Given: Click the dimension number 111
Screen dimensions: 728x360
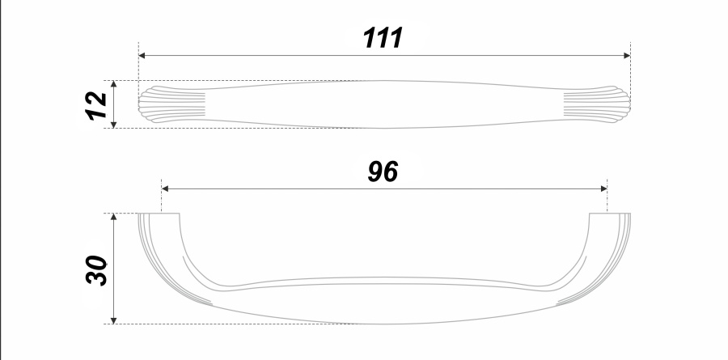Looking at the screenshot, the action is click(x=383, y=38).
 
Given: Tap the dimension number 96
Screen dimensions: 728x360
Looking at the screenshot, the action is click(x=383, y=172).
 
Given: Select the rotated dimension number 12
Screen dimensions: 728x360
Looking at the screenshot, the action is click(x=98, y=105).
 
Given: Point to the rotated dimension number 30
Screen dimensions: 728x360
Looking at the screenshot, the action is click(x=96, y=270).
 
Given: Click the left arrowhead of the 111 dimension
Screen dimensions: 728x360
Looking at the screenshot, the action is click(x=142, y=56).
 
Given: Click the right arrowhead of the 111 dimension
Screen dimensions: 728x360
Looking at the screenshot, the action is click(x=627, y=56).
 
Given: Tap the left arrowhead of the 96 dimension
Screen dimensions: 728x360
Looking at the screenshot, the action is click(x=165, y=188).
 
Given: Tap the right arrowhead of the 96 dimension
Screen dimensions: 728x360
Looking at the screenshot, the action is click(x=603, y=188).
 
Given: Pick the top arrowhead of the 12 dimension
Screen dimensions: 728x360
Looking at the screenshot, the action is click(x=114, y=84).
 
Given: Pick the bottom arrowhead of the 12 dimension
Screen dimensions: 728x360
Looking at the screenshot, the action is click(x=114, y=124).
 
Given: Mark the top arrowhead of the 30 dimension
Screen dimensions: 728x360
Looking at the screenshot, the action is click(x=114, y=217).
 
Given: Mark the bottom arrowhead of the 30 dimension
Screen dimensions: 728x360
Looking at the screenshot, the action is click(x=114, y=320).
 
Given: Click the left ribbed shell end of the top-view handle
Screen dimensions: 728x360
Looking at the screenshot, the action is click(x=171, y=104).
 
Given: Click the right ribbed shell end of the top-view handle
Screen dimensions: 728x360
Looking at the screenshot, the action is click(x=597, y=104).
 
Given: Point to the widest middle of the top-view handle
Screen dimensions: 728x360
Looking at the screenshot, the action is click(x=383, y=104).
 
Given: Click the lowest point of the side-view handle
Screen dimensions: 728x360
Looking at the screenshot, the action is click(x=384, y=324).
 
